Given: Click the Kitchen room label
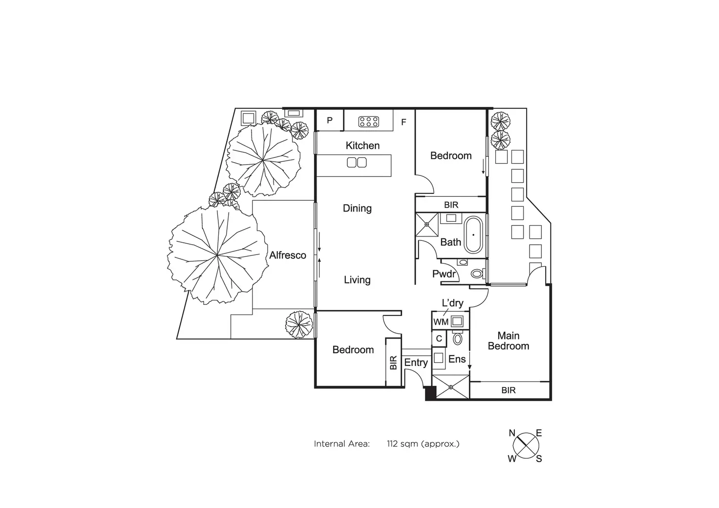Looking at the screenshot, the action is [x=362, y=146].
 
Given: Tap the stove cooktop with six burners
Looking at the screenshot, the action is [x=368, y=122].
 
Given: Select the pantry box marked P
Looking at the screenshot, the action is [x=330, y=120].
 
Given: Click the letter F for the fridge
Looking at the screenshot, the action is [x=403, y=122].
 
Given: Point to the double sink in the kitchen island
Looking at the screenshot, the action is [x=357, y=163].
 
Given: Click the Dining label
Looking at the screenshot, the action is [x=357, y=209].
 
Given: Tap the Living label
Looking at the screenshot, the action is [x=357, y=280].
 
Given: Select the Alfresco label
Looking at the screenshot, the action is [x=288, y=255].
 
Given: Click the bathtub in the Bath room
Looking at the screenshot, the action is [x=473, y=234].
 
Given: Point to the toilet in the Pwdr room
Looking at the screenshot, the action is [x=476, y=274].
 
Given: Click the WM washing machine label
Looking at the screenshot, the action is [x=441, y=322].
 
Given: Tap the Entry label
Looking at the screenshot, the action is [x=416, y=362].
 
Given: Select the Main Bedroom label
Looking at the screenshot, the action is [x=508, y=341].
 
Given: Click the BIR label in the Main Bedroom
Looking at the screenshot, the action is [x=508, y=390].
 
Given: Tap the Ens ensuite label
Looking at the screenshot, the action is [x=457, y=360].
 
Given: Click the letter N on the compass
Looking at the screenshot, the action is [x=512, y=433].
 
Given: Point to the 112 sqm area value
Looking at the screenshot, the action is [x=423, y=444].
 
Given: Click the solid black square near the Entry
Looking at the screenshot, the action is [x=430, y=393].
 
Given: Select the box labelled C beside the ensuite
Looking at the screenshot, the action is [x=439, y=339].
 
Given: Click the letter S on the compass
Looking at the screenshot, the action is [x=539, y=459].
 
